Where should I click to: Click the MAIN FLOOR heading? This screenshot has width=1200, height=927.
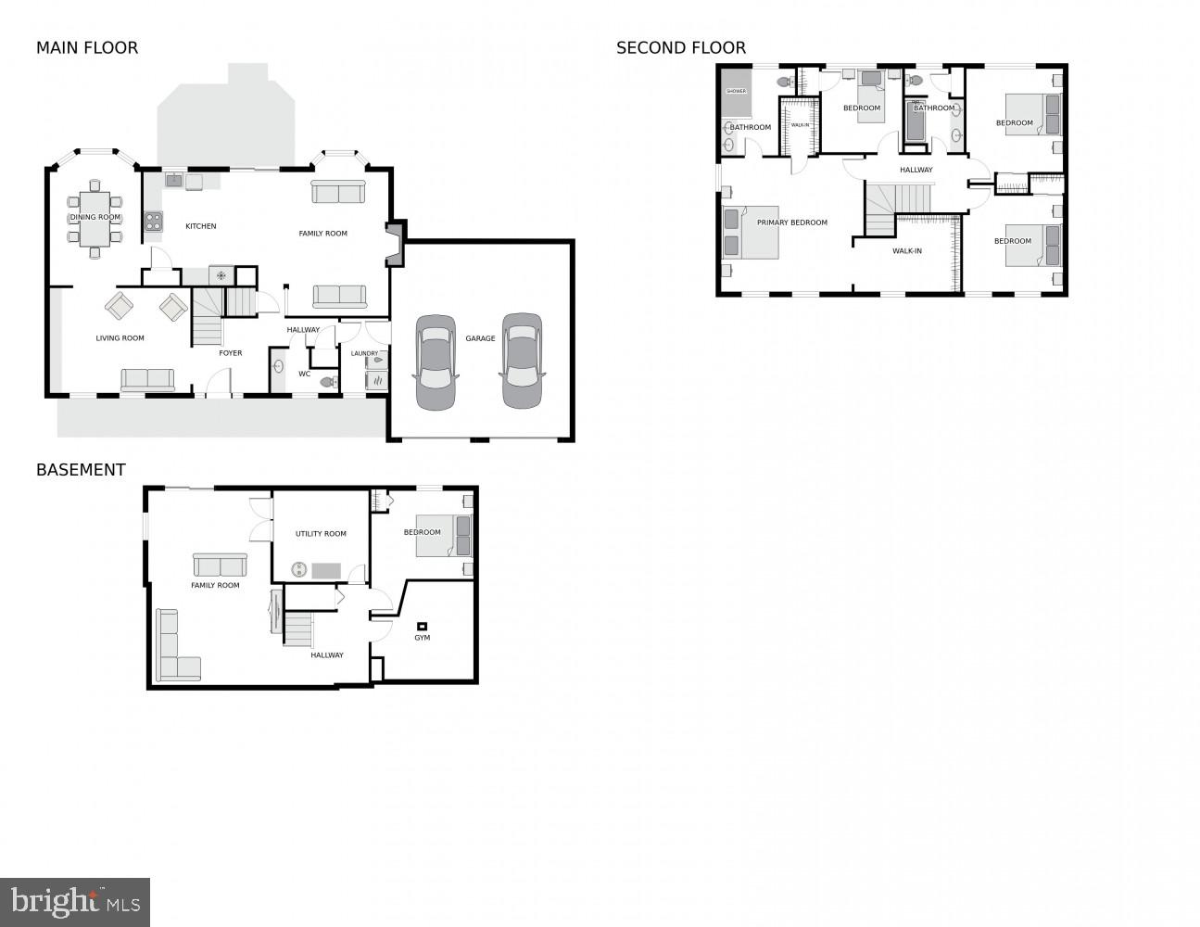(87, 48)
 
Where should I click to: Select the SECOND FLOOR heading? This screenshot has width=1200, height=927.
(681, 48)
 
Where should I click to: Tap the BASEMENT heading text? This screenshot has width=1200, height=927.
(81, 470)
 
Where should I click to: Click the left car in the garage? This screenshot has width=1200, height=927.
(436, 362)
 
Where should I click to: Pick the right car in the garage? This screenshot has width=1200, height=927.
(522, 361)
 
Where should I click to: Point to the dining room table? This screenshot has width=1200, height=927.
(95, 218)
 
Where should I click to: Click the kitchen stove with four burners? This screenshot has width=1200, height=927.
(153, 222)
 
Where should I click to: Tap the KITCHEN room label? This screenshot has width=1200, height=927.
(201, 226)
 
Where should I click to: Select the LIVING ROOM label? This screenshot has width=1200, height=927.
(120, 338)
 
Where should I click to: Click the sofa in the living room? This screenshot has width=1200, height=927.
(147, 379)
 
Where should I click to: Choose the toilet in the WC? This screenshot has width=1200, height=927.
(328, 381)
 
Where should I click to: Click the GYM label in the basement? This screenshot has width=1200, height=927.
(423, 638)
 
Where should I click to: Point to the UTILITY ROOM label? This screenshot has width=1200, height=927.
(321, 534)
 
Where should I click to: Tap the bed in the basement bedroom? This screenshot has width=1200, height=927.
(443, 536)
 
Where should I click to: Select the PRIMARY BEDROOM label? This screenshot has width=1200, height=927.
(792, 222)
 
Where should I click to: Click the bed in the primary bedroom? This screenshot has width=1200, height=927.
(751, 233)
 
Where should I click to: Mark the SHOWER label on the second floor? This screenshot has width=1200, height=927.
(737, 91)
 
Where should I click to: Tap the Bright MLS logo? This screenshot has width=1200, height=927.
(75, 902)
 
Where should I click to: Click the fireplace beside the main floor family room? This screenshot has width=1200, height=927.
(397, 244)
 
